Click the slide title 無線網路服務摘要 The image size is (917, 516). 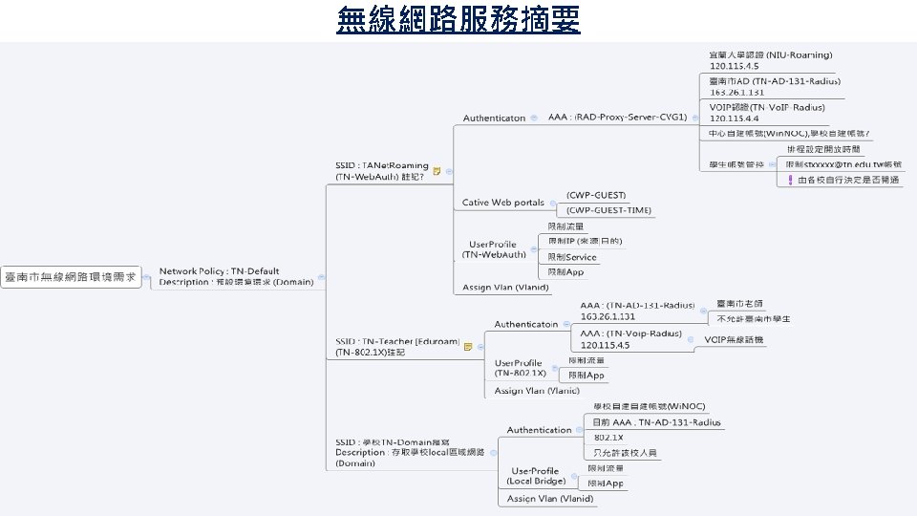coord(458,18)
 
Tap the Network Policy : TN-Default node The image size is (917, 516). coord(235,276)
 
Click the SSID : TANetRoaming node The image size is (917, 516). coord(381,170)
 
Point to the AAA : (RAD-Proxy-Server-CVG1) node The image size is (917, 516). coord(617,118)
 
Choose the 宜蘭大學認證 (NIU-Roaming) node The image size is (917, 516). coord(771,60)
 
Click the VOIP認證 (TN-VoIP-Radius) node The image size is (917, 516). coord(767,112)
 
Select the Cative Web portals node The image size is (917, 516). coord(502,203)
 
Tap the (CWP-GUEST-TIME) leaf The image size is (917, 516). coord(608,210)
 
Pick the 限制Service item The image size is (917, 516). coord(571,257)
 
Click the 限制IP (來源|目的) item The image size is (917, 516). coord(584,242)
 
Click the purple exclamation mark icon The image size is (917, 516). coord(790,179)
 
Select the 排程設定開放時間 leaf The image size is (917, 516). coord(822,149)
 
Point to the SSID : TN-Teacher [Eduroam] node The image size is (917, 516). coord(396,346)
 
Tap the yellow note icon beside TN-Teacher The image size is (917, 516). coord(468,347)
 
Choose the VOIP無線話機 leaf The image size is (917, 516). coord(735,339)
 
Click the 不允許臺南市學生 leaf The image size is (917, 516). coord(753,318)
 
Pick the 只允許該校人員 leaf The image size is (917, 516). coord(626,453)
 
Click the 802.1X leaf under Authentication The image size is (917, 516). coord(608,437)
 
